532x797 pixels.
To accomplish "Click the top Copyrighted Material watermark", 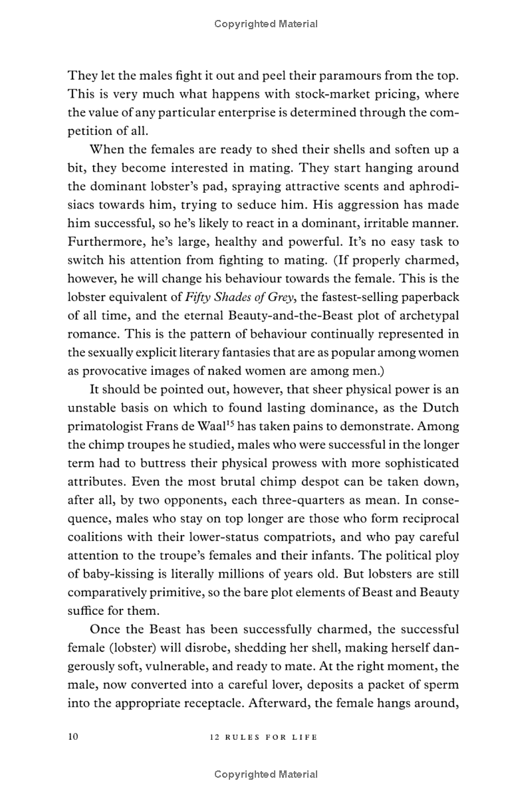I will click(x=266, y=24).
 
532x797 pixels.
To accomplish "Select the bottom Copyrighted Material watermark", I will click(x=266, y=774).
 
